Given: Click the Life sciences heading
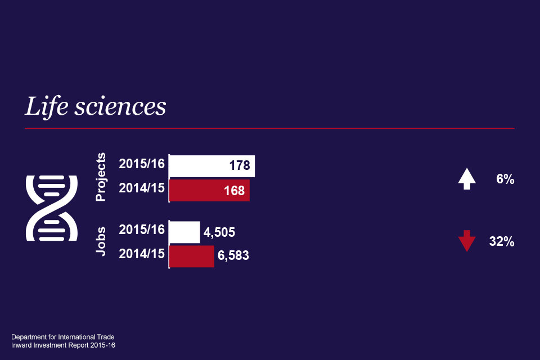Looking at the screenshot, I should click(x=96, y=107).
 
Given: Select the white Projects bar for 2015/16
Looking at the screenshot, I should click(x=197, y=166).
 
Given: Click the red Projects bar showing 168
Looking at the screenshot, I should click(x=197, y=190).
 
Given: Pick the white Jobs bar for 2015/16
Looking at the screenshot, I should click(x=184, y=232).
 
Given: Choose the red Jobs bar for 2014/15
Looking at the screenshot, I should click(x=192, y=256).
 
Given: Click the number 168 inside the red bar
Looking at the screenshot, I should click(x=234, y=191).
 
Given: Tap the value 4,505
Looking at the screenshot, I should click(x=219, y=232).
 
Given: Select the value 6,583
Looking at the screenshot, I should click(x=233, y=256).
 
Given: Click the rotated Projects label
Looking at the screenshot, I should click(x=101, y=177).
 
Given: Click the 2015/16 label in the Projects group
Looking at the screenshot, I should click(x=142, y=164).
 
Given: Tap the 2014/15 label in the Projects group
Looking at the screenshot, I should click(x=142, y=188).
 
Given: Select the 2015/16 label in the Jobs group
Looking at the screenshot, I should click(x=142, y=229).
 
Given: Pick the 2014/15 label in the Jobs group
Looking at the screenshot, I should click(x=142, y=254).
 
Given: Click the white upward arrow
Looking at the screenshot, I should click(x=467, y=179).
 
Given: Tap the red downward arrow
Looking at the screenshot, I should click(x=467, y=241).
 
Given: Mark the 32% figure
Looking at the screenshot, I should click(x=502, y=242).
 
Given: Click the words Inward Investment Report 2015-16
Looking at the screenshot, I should click(x=63, y=344).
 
